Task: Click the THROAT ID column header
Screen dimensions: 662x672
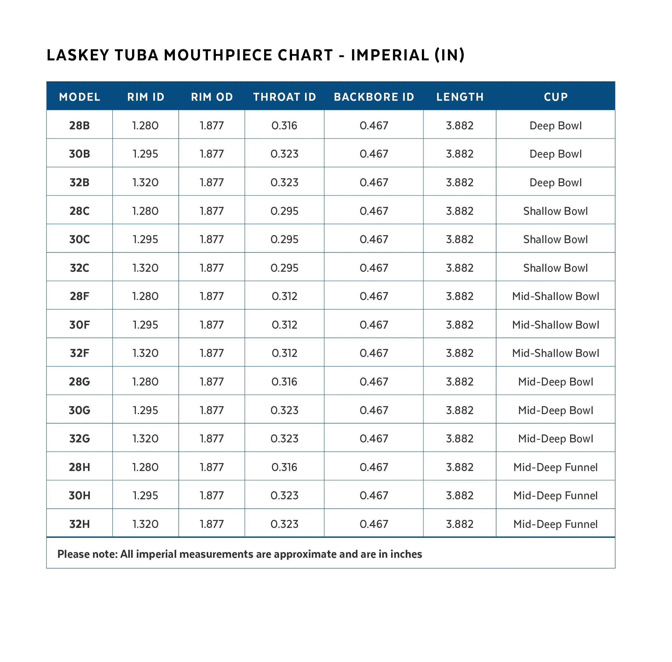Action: [x=284, y=97]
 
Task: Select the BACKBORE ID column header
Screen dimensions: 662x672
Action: [x=374, y=97]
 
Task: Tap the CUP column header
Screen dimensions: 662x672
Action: [x=555, y=97]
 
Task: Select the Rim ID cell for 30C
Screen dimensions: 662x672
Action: [x=145, y=239]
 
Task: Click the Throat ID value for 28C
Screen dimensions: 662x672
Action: [x=284, y=211]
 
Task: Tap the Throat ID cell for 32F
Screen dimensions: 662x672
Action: [x=284, y=353]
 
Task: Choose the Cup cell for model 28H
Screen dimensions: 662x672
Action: [x=555, y=467]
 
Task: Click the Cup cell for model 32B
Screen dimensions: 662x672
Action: [x=555, y=182]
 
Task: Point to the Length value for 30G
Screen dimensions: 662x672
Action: [x=459, y=410]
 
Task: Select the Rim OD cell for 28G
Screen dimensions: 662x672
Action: [x=211, y=381]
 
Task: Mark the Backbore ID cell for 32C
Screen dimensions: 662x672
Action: [x=374, y=268]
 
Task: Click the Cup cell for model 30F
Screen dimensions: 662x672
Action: [x=555, y=324]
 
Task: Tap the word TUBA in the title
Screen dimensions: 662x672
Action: [x=136, y=55]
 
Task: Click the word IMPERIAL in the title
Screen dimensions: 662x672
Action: [x=390, y=55]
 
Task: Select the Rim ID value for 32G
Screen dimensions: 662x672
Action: [x=145, y=439]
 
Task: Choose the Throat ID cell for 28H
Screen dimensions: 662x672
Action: [x=284, y=467]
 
